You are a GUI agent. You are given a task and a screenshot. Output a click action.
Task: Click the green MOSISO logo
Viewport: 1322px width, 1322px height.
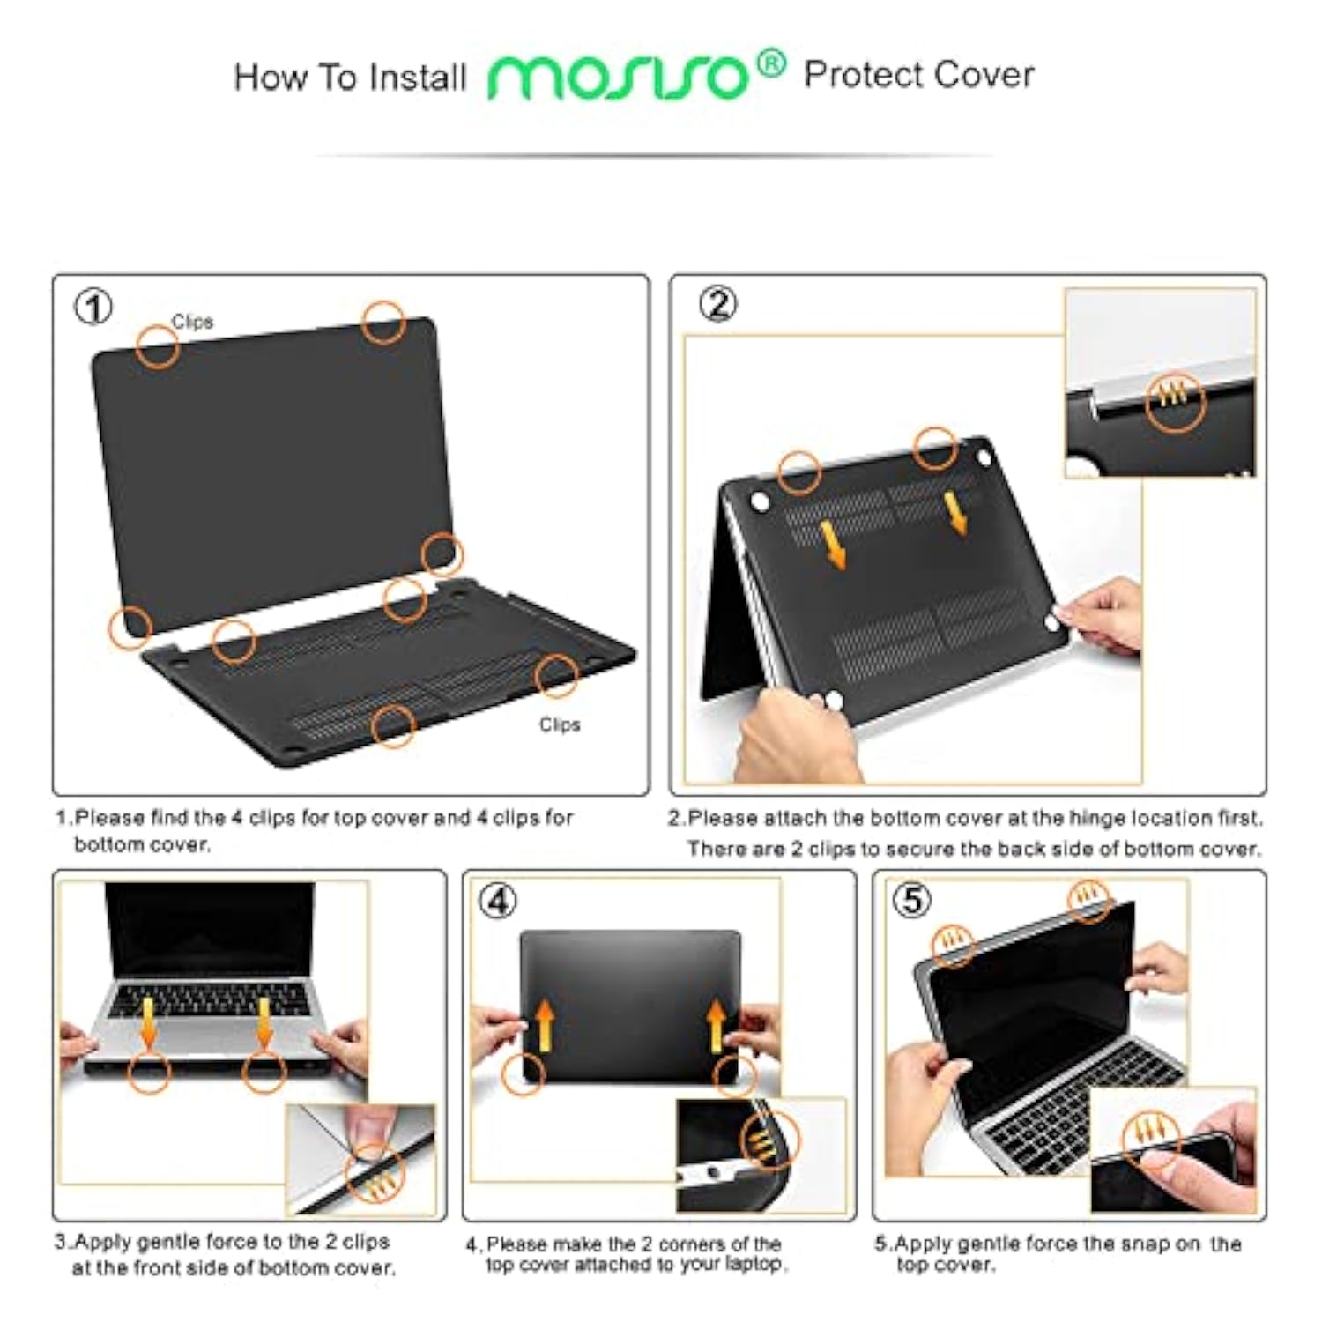[x=617, y=78]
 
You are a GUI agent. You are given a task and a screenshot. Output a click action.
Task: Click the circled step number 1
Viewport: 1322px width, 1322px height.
[x=93, y=308]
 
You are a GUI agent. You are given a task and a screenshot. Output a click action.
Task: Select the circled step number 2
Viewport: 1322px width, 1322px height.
[x=717, y=305]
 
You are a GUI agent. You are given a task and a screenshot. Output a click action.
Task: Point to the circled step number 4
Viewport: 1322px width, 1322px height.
[x=498, y=902]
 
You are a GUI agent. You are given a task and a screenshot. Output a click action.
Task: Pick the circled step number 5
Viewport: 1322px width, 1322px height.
[x=911, y=901]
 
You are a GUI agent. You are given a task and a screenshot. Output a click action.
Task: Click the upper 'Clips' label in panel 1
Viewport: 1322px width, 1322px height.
[x=192, y=322]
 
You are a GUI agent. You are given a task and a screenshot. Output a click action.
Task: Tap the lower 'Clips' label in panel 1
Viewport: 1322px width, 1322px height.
[x=560, y=724]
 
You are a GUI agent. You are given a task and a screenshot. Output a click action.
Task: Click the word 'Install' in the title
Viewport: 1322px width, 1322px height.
[x=418, y=78]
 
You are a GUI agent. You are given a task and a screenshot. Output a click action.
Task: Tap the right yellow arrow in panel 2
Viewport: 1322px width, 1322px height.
[x=955, y=512]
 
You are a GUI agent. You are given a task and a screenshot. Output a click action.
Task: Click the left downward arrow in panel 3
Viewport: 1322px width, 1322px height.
[x=148, y=1022]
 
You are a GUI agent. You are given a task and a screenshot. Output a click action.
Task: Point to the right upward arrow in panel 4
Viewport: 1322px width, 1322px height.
[x=717, y=1025]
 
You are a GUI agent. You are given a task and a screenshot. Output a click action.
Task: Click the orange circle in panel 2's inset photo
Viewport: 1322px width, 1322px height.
[x=1174, y=401]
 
